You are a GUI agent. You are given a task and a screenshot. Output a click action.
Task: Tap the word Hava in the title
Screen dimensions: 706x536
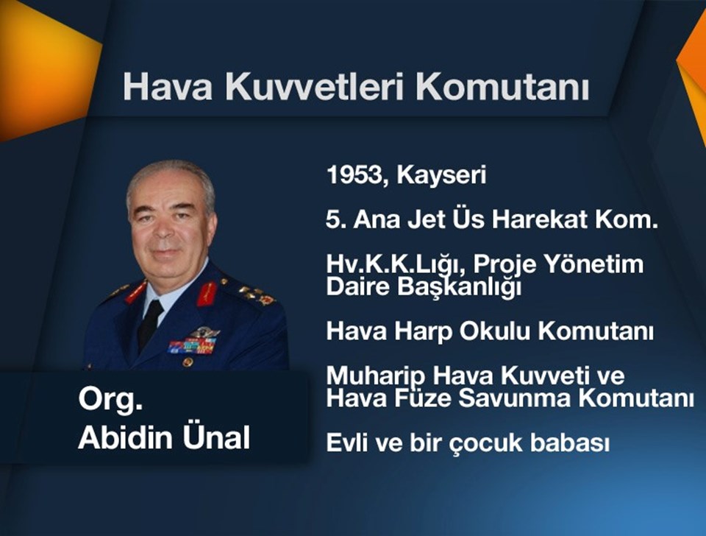(x=168, y=87)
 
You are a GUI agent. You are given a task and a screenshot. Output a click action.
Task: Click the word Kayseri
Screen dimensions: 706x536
(x=441, y=176)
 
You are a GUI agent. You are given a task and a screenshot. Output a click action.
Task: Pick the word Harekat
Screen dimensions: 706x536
(x=541, y=219)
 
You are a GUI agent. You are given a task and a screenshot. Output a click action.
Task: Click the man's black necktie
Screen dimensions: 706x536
(x=149, y=324)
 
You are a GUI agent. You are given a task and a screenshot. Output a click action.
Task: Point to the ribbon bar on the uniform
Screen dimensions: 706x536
(x=192, y=346)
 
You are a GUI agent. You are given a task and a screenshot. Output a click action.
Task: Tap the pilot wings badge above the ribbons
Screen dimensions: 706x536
(x=204, y=332)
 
